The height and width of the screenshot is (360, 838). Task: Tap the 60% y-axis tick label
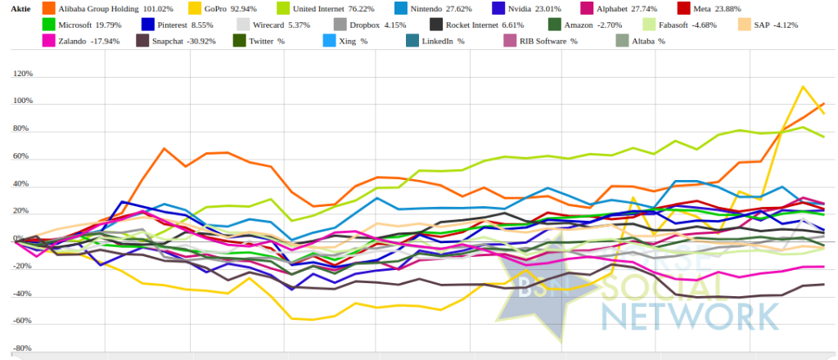(23, 156)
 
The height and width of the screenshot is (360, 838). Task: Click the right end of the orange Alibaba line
(823, 104)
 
